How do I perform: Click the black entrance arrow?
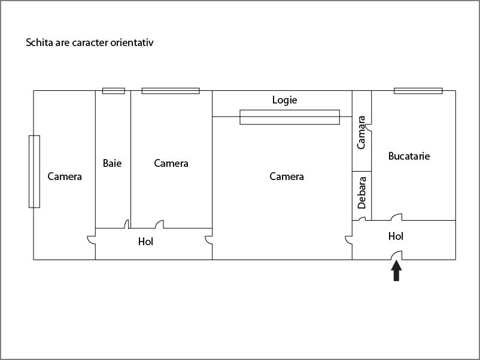(396, 271)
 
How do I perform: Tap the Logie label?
(284, 100)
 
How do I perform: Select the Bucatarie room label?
(409, 156)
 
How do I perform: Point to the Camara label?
(361, 132)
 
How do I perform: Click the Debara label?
(361, 193)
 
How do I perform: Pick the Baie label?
(112, 163)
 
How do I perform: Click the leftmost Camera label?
(65, 176)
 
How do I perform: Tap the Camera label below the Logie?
(287, 176)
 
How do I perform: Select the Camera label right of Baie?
(171, 163)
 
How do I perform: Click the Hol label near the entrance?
(396, 236)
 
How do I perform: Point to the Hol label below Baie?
(145, 242)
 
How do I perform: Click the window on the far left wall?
(34, 172)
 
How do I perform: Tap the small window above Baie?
(114, 91)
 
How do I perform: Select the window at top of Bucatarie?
(418, 91)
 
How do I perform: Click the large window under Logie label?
(290, 117)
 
